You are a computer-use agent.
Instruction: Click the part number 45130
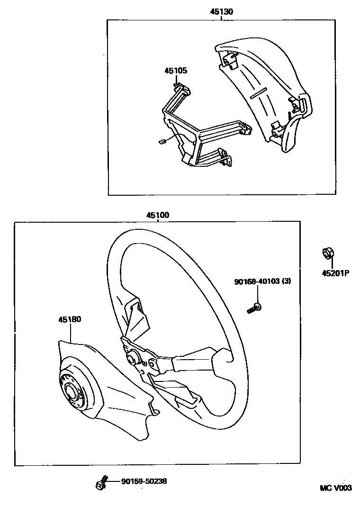tap(221, 12)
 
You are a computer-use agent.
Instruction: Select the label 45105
tap(176, 71)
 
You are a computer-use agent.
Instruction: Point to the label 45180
tap(70, 319)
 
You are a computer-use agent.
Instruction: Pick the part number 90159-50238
tap(144, 481)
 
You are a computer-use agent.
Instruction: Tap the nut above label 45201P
tap(326, 253)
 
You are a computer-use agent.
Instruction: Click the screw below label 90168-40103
tap(255, 308)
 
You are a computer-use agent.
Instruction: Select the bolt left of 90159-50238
tap(101, 483)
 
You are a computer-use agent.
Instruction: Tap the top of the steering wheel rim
tap(156, 231)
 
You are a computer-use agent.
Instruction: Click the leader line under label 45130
tap(222, 18)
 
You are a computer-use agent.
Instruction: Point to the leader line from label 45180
tap(71, 332)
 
